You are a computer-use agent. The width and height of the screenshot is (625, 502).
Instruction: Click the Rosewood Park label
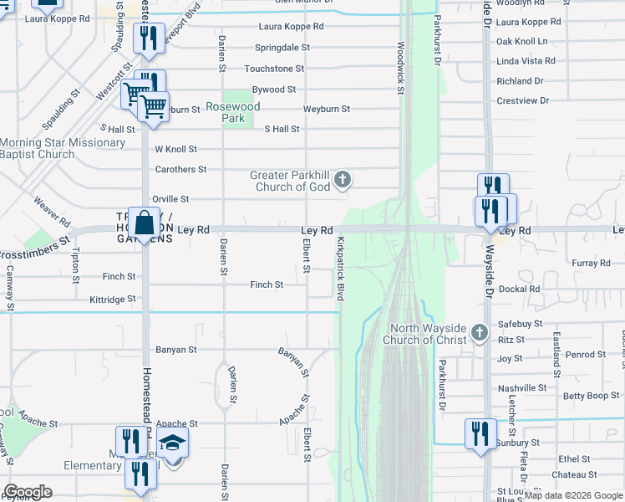tap(233, 112)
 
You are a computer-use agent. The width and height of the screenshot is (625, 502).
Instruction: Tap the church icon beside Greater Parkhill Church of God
tap(342, 180)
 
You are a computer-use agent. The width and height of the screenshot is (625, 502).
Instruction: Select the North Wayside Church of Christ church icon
tap(480, 333)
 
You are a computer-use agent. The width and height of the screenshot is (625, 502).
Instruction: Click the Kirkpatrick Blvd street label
tap(340, 269)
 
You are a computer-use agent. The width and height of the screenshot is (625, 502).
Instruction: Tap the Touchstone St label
tap(274, 69)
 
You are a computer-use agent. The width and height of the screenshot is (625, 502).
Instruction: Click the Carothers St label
tap(180, 169)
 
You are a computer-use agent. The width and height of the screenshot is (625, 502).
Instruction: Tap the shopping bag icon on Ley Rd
tap(144, 223)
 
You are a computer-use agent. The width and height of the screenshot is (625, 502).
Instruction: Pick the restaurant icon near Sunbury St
tap(480, 433)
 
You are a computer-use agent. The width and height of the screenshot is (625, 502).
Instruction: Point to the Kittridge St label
tap(112, 299)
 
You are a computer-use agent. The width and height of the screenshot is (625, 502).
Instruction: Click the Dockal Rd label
tap(519, 289)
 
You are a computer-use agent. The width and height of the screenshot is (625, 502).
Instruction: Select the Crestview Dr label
tap(522, 100)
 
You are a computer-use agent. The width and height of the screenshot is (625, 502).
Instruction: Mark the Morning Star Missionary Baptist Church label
tap(63, 148)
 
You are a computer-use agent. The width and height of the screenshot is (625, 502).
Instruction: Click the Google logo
tap(28, 491)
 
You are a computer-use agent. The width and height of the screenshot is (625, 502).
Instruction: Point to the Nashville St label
tap(522, 388)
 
